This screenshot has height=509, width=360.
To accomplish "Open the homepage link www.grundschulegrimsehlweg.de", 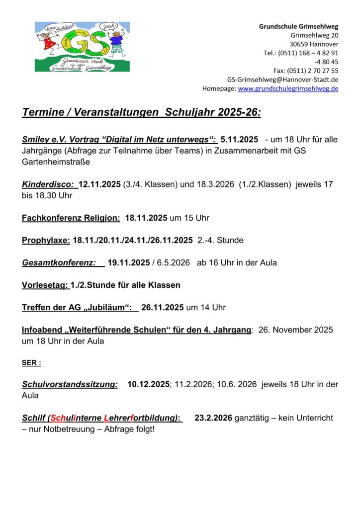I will tap(288, 88).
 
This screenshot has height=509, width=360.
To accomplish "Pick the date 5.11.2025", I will tap(239, 140).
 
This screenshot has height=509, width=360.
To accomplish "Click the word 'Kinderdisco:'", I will tap(48, 184).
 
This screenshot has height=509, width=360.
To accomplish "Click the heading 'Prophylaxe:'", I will tap(46, 241).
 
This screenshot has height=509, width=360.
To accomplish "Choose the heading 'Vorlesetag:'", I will tap(45, 285).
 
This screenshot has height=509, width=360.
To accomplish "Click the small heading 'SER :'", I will tap(31, 363).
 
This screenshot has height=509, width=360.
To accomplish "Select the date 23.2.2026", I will tap(213, 418).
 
